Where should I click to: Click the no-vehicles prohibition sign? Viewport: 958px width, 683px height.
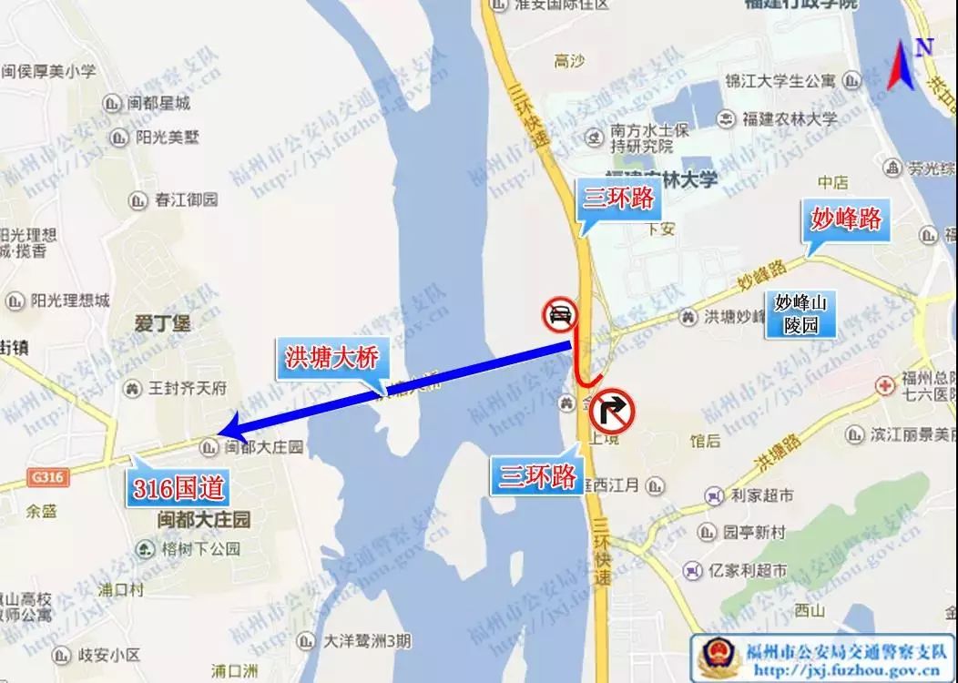coord(558,316)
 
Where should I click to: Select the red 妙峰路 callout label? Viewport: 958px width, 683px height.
coord(846,219)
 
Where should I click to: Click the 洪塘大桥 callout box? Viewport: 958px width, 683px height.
coord(330,359)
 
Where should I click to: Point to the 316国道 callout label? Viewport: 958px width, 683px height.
coord(178,488)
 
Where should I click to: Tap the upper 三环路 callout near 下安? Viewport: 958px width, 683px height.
coord(618,198)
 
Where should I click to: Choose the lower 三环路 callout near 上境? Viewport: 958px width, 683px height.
coord(539,474)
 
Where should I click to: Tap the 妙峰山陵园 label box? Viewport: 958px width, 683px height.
coord(800,312)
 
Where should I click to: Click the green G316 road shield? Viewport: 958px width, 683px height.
coord(48,476)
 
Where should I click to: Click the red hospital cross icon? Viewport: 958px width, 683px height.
coord(883,385)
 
